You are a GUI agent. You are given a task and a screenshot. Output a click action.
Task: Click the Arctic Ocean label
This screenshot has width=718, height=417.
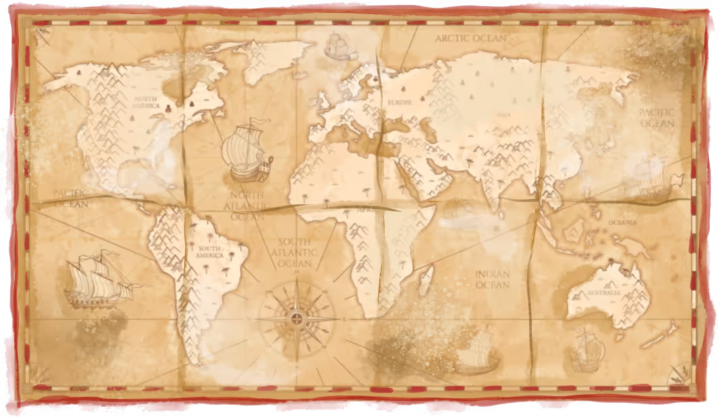tap(470, 38)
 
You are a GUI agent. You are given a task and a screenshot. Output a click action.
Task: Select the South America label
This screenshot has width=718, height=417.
tap(210, 252)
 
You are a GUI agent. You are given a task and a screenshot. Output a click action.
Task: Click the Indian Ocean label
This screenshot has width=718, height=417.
tap(492, 279)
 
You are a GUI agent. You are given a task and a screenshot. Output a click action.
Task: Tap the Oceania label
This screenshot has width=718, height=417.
tap(622, 222)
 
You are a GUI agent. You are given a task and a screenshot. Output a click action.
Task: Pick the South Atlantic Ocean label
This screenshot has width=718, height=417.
tap(295, 251)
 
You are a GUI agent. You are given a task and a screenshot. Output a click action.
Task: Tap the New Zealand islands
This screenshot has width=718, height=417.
tap(660, 335)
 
